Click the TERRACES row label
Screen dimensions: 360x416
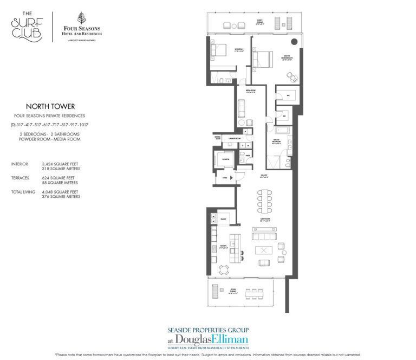pyautogui.click(x=21, y=177)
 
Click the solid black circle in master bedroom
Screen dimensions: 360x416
pyautogui.click(x=295, y=42)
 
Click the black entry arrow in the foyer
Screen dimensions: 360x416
pyautogui.click(x=232, y=177)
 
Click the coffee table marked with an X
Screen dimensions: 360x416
pyautogui.click(x=264, y=250)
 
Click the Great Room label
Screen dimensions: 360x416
pyautogui.click(x=264, y=219)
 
